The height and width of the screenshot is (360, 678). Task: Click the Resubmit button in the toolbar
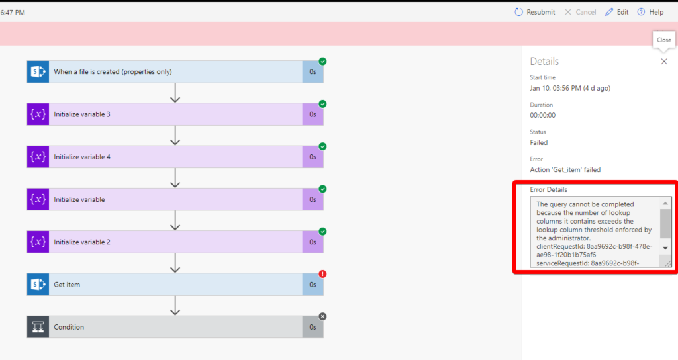[x=535, y=12]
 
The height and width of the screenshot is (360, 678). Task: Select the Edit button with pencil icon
[x=616, y=12]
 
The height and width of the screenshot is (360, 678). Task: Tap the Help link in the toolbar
[x=650, y=12]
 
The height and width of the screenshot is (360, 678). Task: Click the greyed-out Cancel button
[x=580, y=12]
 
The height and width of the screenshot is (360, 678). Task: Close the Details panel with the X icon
[x=664, y=62]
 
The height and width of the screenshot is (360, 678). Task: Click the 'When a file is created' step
[x=175, y=71]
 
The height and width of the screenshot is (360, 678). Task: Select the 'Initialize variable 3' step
[x=175, y=114]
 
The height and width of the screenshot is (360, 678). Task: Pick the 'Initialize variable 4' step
[x=175, y=157]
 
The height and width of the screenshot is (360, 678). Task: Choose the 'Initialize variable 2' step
[x=175, y=242]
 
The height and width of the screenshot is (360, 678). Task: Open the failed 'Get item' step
[x=175, y=285]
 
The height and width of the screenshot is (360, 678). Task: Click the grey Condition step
[x=175, y=327]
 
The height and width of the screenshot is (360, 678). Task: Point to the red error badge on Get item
[x=322, y=274]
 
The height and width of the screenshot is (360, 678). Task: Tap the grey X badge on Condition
[x=322, y=316]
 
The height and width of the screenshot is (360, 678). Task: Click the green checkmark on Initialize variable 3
[x=322, y=104]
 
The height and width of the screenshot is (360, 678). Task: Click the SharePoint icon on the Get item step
[x=38, y=285]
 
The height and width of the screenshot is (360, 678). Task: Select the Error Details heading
[x=549, y=190]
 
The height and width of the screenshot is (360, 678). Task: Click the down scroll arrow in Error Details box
[x=665, y=248]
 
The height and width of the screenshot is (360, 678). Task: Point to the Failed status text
[x=539, y=143]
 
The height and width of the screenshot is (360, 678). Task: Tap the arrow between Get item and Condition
[x=175, y=306]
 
